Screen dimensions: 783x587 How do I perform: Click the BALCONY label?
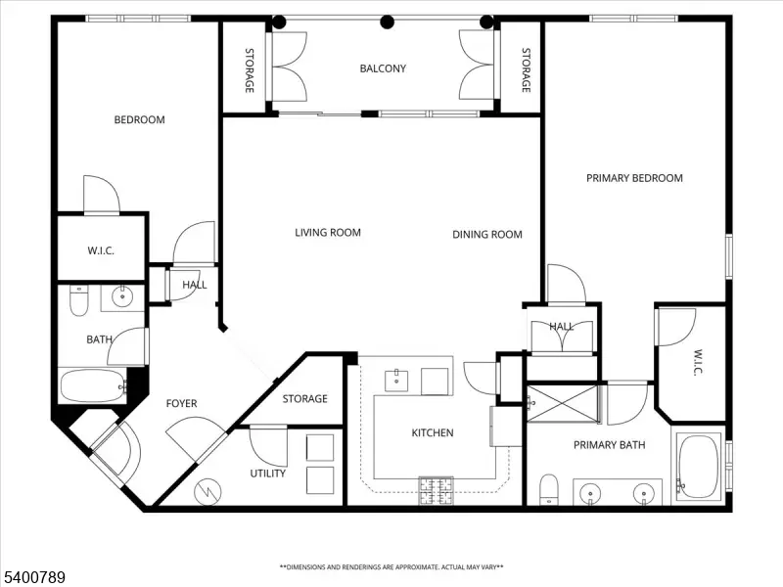[383, 68]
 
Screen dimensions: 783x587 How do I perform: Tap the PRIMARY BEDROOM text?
[634, 178]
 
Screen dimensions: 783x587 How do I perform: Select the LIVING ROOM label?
[328, 233]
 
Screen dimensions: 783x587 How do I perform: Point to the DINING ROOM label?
[486, 235]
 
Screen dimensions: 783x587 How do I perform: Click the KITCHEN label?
[433, 432]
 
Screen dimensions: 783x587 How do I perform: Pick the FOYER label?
[181, 403]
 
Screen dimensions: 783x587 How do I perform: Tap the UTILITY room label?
[267, 474]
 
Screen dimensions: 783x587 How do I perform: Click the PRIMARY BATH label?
[609, 445]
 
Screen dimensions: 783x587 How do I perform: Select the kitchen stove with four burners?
[436, 490]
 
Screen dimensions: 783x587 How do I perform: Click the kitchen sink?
[396, 381]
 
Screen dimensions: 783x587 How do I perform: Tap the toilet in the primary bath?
[549, 490]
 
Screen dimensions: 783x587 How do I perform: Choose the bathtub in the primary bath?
[699, 467]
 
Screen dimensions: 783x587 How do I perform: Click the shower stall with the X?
[563, 403]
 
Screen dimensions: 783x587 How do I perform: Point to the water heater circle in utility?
[207, 492]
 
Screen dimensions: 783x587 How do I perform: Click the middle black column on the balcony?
[387, 22]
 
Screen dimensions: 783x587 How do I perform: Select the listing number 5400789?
[33, 577]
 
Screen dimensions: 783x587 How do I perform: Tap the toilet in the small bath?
[79, 300]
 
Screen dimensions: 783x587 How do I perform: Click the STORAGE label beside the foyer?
[304, 399]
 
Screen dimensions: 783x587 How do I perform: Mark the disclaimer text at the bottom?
[391, 567]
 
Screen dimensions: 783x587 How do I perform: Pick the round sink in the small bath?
[122, 297]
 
